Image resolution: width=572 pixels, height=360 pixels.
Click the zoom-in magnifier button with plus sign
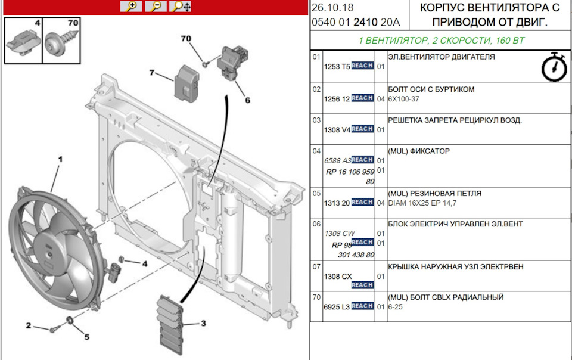(x=130, y=7)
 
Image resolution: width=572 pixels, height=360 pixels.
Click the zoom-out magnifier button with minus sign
(x=156, y=7)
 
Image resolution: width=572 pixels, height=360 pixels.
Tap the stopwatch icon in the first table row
(x=554, y=67)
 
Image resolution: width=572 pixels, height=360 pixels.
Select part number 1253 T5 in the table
(x=337, y=67)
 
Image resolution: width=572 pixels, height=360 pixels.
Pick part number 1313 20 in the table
(x=337, y=203)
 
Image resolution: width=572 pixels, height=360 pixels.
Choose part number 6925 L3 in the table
(x=337, y=306)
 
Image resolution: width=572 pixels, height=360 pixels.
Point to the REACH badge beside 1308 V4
(x=362, y=129)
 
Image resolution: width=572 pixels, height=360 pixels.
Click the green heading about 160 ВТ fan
(x=440, y=41)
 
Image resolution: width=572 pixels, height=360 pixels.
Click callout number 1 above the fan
(x=60, y=160)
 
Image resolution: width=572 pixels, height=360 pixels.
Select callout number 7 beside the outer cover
(x=153, y=73)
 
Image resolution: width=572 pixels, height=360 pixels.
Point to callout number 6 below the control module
(x=247, y=100)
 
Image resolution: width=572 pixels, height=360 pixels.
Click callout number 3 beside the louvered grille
(x=203, y=324)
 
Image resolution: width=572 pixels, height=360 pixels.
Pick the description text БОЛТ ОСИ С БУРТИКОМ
(x=431, y=89)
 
